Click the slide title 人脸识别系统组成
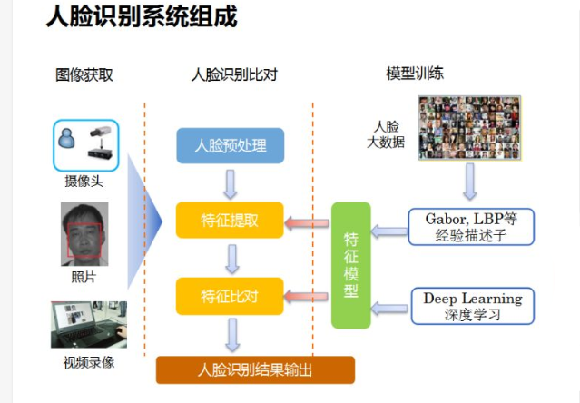click(x=142, y=16)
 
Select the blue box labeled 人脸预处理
click(x=230, y=145)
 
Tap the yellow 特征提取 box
click(x=230, y=220)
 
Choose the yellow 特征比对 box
click(x=230, y=296)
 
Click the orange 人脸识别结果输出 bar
click(x=255, y=369)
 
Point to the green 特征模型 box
click(x=350, y=265)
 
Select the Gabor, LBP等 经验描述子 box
click(x=471, y=227)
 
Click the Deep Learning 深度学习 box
click(x=473, y=306)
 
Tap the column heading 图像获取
click(x=84, y=74)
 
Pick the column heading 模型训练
click(x=415, y=74)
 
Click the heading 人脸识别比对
click(x=234, y=74)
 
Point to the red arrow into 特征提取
click(x=307, y=223)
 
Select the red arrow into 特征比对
click(x=306, y=296)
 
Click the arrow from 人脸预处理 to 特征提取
click(x=230, y=184)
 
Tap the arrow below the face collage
click(x=470, y=182)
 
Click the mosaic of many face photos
click(x=469, y=128)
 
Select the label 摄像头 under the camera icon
click(x=84, y=182)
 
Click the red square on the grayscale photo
click(x=84, y=240)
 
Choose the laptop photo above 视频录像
click(x=89, y=325)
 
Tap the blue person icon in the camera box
click(x=67, y=138)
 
